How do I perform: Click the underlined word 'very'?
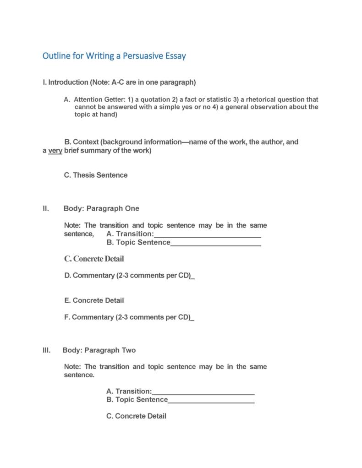pos(55,151)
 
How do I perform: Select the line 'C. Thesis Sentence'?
pos(96,175)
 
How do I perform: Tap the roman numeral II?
pos(46,208)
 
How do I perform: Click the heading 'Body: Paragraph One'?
pos(101,208)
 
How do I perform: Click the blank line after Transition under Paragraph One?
pos(207,235)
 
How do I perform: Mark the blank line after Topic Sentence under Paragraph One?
pos(215,243)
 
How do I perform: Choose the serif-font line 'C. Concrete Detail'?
pos(94,259)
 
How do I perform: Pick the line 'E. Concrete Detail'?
pos(94,300)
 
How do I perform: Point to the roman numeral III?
pos(46,350)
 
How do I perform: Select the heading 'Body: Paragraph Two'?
pos(99,350)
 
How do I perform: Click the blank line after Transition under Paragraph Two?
pos(203,392)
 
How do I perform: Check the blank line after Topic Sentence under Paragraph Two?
pos(211,400)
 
